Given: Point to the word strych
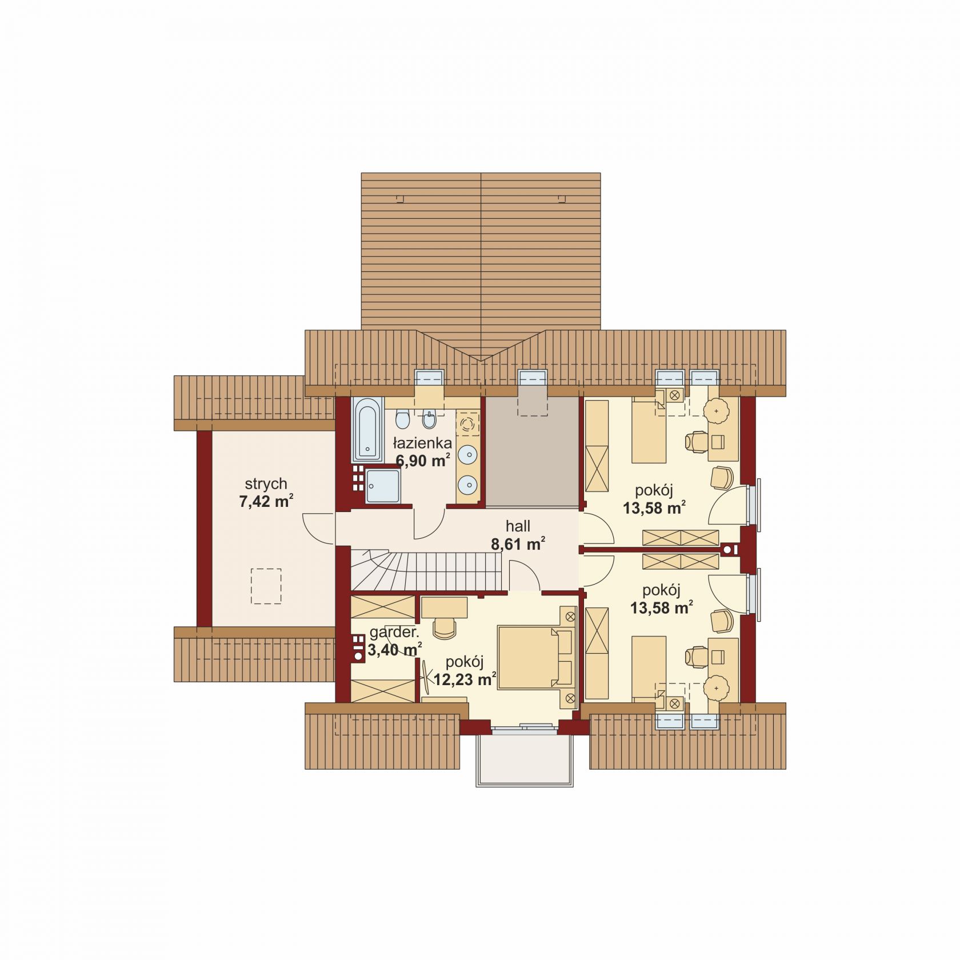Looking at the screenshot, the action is pyautogui.click(x=266, y=484).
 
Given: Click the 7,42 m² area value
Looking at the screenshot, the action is pyautogui.click(x=266, y=502).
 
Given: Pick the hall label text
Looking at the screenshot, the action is pyautogui.click(x=518, y=526).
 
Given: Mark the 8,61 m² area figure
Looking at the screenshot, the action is pyautogui.click(x=518, y=544).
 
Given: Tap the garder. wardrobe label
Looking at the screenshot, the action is pyautogui.click(x=394, y=633).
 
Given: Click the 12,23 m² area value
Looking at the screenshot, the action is pyautogui.click(x=465, y=679).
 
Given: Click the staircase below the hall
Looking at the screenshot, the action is pyautogui.click(x=427, y=570).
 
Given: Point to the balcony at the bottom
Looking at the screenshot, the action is pyautogui.click(x=525, y=759).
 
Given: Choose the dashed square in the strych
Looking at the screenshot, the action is pyautogui.click(x=266, y=586).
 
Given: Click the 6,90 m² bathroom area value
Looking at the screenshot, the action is pyautogui.click(x=423, y=461).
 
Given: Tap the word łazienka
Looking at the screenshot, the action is pyautogui.click(x=423, y=443).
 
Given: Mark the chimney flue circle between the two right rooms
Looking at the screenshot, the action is pyautogui.click(x=729, y=550).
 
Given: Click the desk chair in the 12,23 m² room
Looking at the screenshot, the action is pyautogui.click(x=445, y=629).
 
